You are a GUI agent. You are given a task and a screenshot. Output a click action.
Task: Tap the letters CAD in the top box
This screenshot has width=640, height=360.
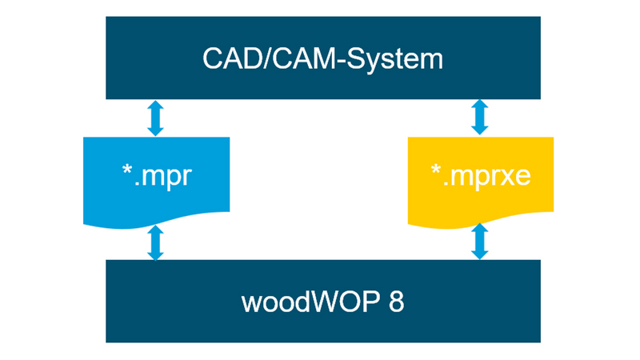(225, 58)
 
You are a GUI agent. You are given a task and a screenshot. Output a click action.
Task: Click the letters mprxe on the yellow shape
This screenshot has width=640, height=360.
(488, 175)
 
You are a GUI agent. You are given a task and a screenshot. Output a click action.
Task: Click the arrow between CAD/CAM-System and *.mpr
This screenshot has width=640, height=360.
(156, 118)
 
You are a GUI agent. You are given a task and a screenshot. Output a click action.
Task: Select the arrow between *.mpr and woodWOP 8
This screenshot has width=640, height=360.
(156, 242)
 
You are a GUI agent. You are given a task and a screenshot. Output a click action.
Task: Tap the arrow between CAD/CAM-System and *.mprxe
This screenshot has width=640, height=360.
(479, 118)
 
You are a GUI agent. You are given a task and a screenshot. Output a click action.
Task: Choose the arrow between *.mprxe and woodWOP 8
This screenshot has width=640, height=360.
(479, 242)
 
